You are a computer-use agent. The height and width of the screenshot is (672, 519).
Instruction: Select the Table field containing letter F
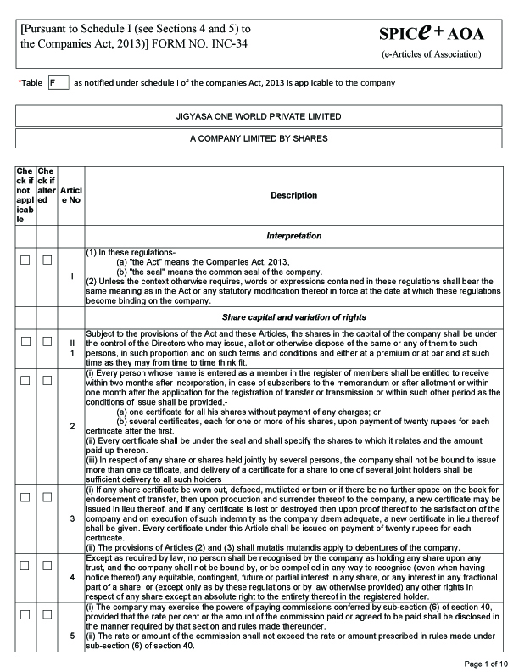pyautogui.click(x=58, y=83)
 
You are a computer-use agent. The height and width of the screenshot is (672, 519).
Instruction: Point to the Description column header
pyautogui.click(x=293, y=195)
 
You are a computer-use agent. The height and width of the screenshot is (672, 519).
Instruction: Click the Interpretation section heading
pyautogui.click(x=293, y=235)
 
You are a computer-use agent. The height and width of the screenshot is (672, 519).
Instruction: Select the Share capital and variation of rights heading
pyautogui.click(x=293, y=316)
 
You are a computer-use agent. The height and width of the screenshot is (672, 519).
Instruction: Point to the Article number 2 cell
pyautogui.click(x=72, y=424)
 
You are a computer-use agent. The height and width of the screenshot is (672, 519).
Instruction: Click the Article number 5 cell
pyautogui.click(x=72, y=636)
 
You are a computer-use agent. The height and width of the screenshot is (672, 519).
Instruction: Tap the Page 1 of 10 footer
pyautogui.click(x=487, y=663)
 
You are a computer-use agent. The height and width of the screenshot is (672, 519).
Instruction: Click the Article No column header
pyautogui.click(x=72, y=195)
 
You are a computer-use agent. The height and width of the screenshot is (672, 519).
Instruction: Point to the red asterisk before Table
pyautogui.click(x=20, y=82)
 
